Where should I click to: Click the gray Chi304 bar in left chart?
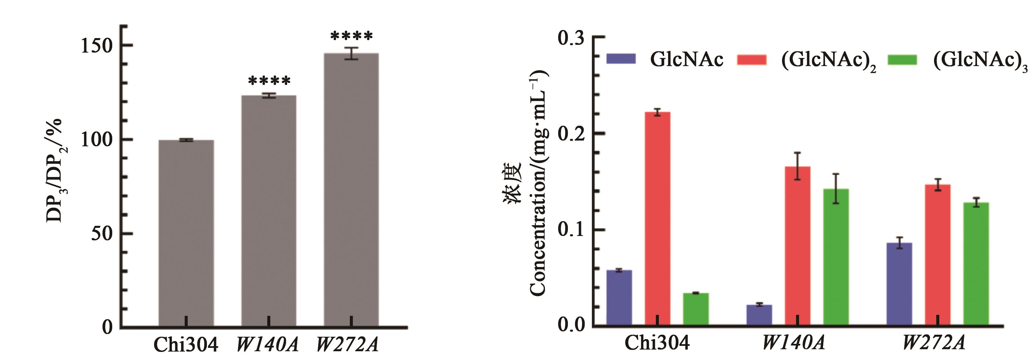[186, 233]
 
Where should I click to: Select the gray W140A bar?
[268, 211]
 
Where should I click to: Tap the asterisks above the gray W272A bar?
[352, 36]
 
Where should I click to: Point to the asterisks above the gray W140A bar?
[269, 81]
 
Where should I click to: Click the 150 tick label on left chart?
[97, 46]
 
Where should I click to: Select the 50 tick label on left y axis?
[101, 234]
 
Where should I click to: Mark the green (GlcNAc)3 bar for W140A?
[836, 257]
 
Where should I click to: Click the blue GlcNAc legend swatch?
[621, 59]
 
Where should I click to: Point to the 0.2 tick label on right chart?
[571, 133]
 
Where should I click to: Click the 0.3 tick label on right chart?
[571, 38]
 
